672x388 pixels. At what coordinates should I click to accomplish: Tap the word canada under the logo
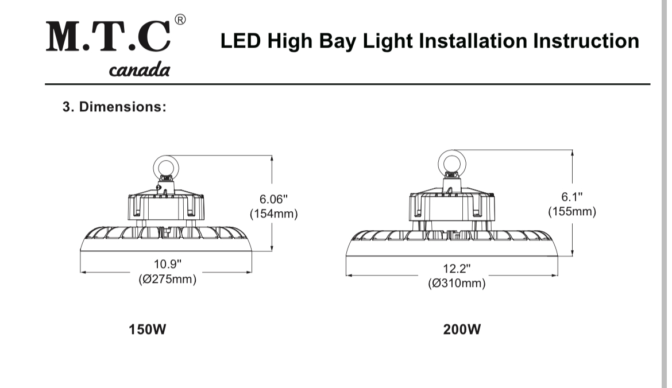click(x=139, y=71)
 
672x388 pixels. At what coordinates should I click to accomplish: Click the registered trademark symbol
click(x=180, y=20)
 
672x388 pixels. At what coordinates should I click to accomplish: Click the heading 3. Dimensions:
click(x=114, y=107)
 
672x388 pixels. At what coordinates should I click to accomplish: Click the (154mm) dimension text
click(x=273, y=214)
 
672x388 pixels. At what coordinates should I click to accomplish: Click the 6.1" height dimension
click(x=571, y=197)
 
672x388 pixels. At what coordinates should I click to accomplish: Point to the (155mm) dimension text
click(x=571, y=212)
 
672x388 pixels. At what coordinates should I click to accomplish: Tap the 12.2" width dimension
click(x=457, y=268)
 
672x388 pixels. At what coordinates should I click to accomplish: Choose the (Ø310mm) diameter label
click(x=457, y=284)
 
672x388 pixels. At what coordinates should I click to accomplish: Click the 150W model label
click(x=147, y=330)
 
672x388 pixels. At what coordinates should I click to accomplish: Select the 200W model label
click(x=462, y=330)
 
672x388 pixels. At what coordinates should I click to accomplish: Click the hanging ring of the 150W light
click(x=164, y=166)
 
